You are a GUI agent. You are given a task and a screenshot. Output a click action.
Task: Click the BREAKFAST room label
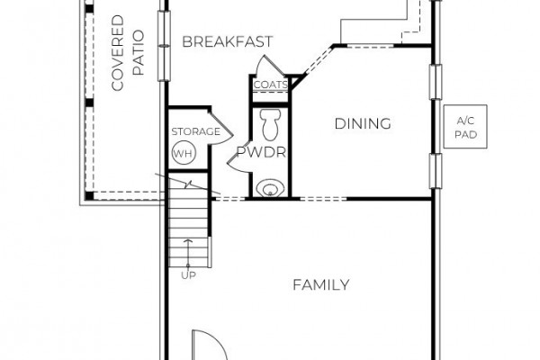[x=228, y=41]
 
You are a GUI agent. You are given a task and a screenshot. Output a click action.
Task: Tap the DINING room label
[x=363, y=123]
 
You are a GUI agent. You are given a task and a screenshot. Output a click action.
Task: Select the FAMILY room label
[x=321, y=285]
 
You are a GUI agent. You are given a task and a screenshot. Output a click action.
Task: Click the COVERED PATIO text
[x=128, y=53]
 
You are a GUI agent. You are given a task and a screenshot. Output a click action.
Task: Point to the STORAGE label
[x=195, y=131]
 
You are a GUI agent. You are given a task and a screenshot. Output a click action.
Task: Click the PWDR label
[x=261, y=152]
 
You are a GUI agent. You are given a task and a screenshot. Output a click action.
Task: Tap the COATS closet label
[x=270, y=85]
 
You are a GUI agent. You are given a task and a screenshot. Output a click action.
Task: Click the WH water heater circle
[x=184, y=153]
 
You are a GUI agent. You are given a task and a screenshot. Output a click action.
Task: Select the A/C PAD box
[x=465, y=126]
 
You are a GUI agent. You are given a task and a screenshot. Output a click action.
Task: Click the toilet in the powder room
[x=270, y=125]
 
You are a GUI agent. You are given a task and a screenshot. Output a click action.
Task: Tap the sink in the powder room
[x=270, y=188]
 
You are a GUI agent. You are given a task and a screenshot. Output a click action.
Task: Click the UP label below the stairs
[x=188, y=275]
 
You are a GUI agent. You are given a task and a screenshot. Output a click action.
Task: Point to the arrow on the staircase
[x=188, y=253]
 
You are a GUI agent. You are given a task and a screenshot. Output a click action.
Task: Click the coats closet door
[x=271, y=66]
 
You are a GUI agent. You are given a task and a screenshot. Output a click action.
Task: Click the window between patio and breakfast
[x=164, y=46]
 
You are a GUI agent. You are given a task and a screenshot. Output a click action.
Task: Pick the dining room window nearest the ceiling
[x=436, y=82]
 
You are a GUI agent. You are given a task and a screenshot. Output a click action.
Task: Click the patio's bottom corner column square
[x=89, y=195]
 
